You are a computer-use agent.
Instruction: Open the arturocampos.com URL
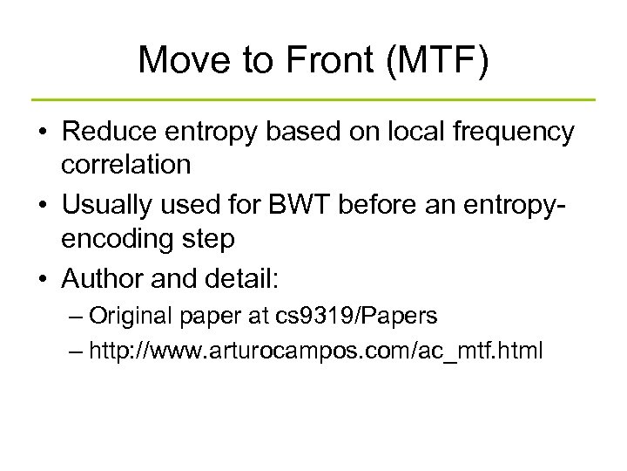coord(315,351)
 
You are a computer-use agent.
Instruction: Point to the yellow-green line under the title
coord(313,99)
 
